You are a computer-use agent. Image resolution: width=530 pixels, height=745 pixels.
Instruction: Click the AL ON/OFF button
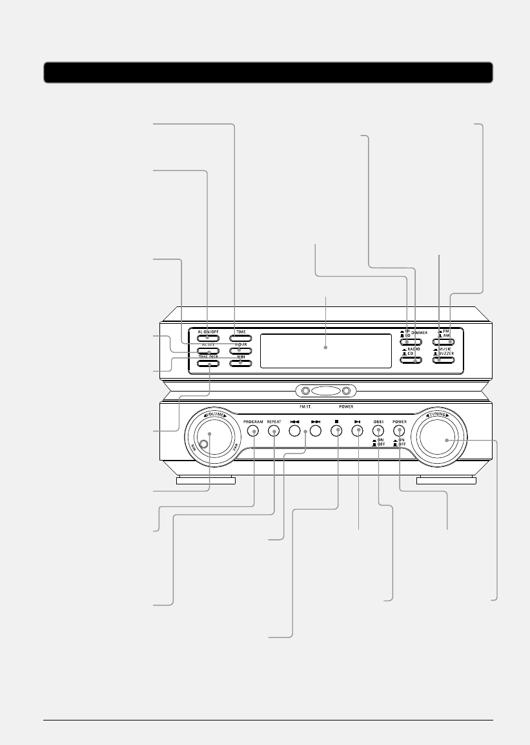click(x=208, y=337)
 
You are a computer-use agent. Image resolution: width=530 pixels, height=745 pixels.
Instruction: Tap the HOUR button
click(x=240, y=350)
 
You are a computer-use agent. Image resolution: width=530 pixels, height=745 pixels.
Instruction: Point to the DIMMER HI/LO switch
click(x=411, y=337)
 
